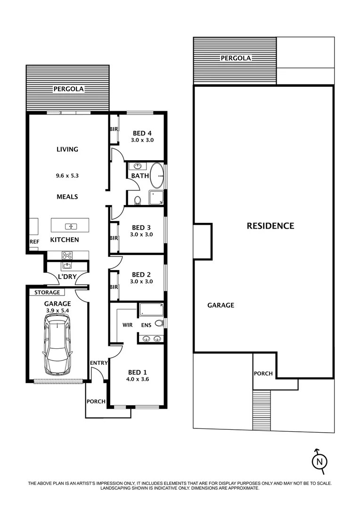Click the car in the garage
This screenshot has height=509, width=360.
click(x=57, y=345)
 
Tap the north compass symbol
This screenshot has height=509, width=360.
click(x=319, y=460)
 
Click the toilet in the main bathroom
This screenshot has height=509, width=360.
click(x=138, y=201)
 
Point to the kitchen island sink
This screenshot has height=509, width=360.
click(x=71, y=226)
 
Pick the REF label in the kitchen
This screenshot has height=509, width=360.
click(x=34, y=241)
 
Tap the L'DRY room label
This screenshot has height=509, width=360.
click(x=66, y=277)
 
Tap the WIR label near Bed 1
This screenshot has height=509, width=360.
click(x=127, y=325)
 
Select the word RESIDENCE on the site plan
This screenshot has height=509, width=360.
click(x=270, y=226)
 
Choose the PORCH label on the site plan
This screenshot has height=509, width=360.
click(x=263, y=373)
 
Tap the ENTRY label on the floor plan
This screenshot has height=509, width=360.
click(x=99, y=362)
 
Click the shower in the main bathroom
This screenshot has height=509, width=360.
click(x=156, y=197)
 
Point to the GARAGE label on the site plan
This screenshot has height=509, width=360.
click(x=221, y=305)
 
